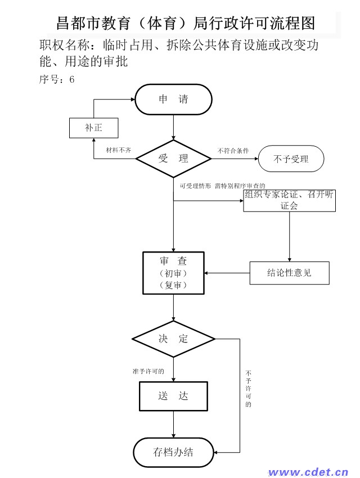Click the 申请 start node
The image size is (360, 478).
pyautogui.click(x=173, y=100)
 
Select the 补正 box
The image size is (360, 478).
pyautogui.click(x=93, y=128)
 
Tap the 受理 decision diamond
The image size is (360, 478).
pyautogui.click(x=173, y=159)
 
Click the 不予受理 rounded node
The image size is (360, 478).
pyautogui.click(x=291, y=159)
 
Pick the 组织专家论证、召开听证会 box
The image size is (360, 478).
pyautogui.click(x=289, y=200)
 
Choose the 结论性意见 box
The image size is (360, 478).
pyautogui.click(x=289, y=273)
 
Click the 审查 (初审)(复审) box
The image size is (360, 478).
pyautogui.click(x=173, y=273)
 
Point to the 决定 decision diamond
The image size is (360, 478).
pyautogui.click(x=173, y=339)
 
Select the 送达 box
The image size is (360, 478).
pyautogui.click(x=173, y=396)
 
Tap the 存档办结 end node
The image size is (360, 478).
pyautogui.click(x=173, y=452)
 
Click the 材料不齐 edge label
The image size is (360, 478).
pyautogui.click(x=119, y=150)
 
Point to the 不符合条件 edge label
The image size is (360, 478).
pyautogui.click(x=233, y=151)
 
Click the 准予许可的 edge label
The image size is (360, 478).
pyautogui.click(x=148, y=371)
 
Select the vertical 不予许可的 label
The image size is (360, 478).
pyautogui.click(x=249, y=389)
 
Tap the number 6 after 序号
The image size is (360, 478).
pyautogui.click(x=72, y=79)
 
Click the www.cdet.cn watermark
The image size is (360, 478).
pyautogui.click(x=308, y=472)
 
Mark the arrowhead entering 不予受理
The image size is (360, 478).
pyautogui.click(x=256, y=159)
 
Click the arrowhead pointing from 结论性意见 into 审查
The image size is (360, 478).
pyautogui.click(x=206, y=273)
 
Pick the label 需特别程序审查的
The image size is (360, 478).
pyautogui.click(x=240, y=186)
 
